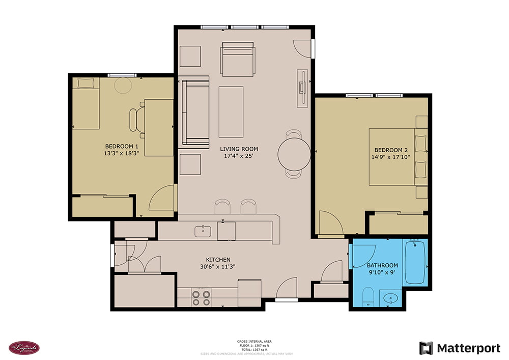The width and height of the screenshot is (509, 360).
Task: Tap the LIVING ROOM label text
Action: [239, 149]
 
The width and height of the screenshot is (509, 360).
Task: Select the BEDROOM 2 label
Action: [391, 150]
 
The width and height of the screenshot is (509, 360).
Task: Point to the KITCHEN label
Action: [218, 259]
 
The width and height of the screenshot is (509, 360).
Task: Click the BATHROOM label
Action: [382, 265]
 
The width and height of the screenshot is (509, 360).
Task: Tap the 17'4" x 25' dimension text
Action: [239, 156]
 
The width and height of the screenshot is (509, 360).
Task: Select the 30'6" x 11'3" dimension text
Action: [218, 266]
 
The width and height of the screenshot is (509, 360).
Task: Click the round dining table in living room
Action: [294, 153]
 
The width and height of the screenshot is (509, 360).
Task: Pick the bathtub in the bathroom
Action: [415, 262]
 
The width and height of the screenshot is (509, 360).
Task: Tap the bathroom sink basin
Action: [390, 298]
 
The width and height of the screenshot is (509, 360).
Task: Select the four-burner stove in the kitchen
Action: [201, 297]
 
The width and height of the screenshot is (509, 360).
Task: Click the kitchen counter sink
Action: [203, 231]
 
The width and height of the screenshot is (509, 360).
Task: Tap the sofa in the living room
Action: [195, 112]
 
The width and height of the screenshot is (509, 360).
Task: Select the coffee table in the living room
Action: [231, 112]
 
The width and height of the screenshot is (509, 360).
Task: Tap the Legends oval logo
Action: [24, 348]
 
